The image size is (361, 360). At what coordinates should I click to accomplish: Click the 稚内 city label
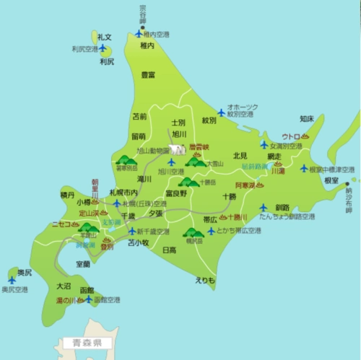pos(147,45)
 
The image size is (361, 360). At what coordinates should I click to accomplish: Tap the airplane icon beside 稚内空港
pos(139,33)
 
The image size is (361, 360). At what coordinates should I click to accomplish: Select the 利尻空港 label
pos(84,49)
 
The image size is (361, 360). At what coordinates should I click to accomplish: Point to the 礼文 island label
pos(105,37)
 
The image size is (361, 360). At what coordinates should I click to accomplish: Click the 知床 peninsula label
pos(306,118)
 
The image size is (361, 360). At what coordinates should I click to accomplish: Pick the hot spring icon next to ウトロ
pos(305,136)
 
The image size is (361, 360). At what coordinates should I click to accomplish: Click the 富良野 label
pos(176,193)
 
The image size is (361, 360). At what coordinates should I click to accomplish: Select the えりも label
pos(204,280)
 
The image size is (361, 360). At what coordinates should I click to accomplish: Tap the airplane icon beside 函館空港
pos(89,299)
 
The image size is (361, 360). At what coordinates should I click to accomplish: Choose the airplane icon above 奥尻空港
pos(12,280)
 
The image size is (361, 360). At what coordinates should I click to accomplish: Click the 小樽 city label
pos(84,203)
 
